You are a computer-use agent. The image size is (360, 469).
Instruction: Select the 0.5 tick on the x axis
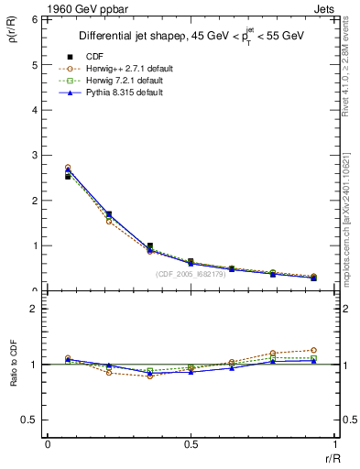click(x=191, y=443)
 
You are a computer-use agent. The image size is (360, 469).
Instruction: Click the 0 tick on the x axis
click(x=47, y=443)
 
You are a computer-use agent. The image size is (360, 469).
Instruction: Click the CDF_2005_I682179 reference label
click(x=190, y=274)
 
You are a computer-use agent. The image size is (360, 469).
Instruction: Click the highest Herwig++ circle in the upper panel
click(x=68, y=168)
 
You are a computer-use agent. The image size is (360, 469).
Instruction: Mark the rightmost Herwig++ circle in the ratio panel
click(x=313, y=350)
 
